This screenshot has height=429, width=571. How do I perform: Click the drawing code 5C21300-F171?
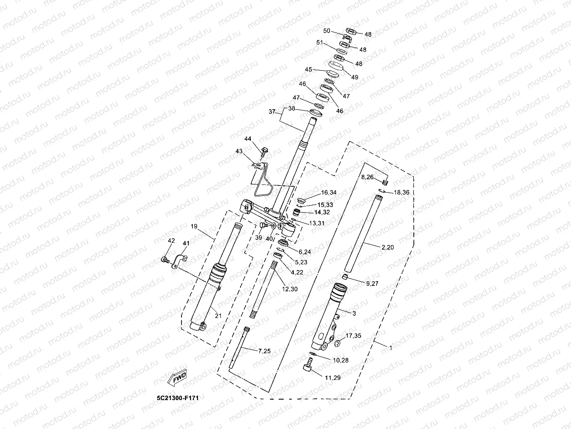click(x=178, y=398)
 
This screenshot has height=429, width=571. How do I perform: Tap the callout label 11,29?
click(x=333, y=378)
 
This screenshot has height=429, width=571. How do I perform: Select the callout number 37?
click(x=272, y=112)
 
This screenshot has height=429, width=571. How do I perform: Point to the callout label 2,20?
click(x=388, y=247)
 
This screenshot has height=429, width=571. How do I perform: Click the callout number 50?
click(x=327, y=31)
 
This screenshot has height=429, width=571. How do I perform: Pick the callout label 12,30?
click(x=290, y=289)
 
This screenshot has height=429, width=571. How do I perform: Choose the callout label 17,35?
click(x=353, y=336)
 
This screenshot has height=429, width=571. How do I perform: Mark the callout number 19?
click(x=194, y=226)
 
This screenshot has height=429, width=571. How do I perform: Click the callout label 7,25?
click(x=264, y=351)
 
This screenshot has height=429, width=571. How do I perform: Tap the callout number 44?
click(x=247, y=139)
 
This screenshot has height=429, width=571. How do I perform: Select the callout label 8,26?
click(x=368, y=177)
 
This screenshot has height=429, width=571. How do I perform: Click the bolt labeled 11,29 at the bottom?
click(x=308, y=365)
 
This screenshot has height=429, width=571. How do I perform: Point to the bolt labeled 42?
click(x=165, y=260)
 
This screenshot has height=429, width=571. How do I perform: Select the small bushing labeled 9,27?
click(x=345, y=276)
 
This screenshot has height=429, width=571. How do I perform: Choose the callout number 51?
click(x=320, y=43)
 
